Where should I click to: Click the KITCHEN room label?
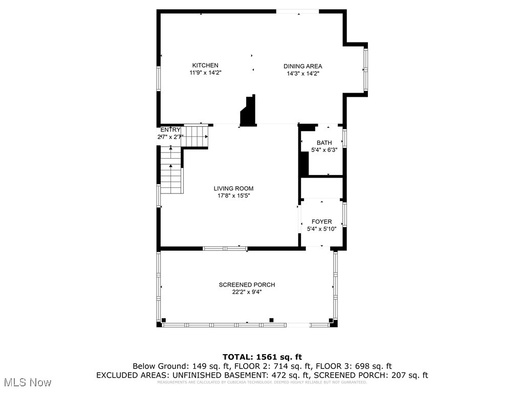coord(205,65)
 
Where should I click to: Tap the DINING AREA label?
coord(303,66)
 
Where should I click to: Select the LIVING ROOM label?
coord(233,188)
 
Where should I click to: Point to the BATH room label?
coord(324,143)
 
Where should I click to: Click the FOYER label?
coord(322,222)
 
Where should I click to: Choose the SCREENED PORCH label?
coord(247,285)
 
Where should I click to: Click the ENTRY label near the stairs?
coord(170,130)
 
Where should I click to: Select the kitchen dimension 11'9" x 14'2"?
coord(205,73)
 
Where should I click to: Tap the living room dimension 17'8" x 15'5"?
coord(233,195)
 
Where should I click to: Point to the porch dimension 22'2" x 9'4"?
coord(247,292)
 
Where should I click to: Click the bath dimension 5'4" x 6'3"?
coord(324,150)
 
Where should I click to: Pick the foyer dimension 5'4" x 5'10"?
coord(322,229)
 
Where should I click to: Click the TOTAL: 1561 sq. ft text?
coord(262,357)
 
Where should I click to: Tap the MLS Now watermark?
coord(28,382)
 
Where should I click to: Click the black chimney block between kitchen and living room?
coord(248,111)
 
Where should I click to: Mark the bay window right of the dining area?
coord(365,69)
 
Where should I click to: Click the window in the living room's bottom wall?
coord(225,249)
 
